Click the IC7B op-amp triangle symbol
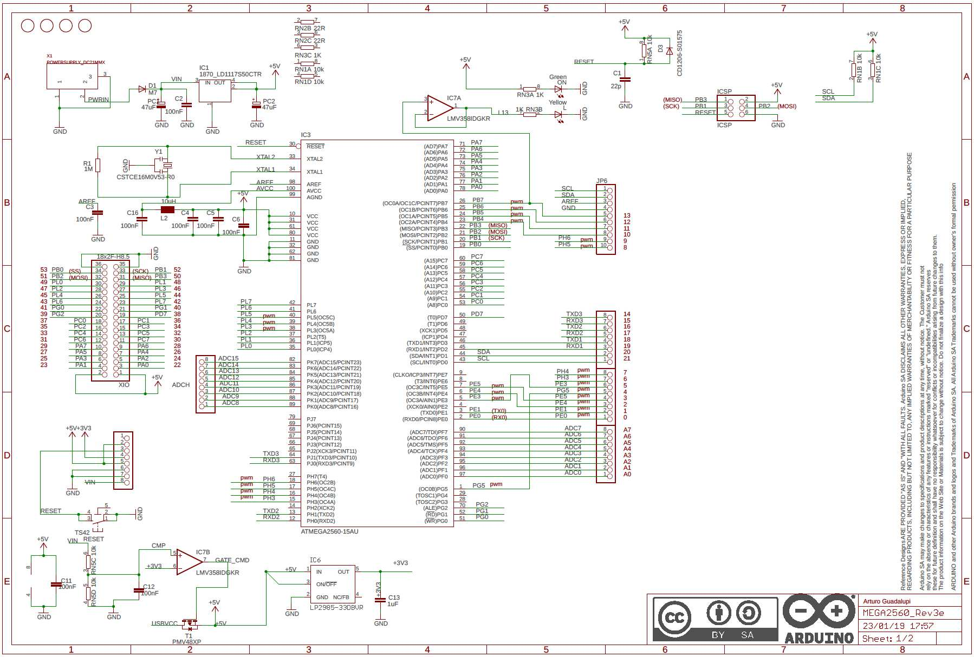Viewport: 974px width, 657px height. pyautogui.click(x=188, y=562)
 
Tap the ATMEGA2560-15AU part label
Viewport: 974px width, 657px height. pyautogui.click(x=329, y=531)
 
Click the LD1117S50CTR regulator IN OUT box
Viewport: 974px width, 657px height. pyautogui.click(x=215, y=90)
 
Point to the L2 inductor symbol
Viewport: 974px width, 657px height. pyautogui.click(x=167, y=209)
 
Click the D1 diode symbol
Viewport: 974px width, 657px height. pyautogui.click(x=142, y=89)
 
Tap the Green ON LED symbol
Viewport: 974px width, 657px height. pyautogui.click(x=558, y=88)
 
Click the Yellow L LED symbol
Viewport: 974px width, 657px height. pyautogui.click(x=558, y=114)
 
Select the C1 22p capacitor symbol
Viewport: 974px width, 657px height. pyautogui.click(x=625, y=79)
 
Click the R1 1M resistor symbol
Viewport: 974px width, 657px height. pyautogui.click(x=98, y=165)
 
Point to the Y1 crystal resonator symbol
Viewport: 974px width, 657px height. pyautogui.click(x=163, y=165)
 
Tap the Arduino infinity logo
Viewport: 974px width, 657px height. pyautogui.click(x=819, y=612)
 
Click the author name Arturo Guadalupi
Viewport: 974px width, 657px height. pyautogui.click(x=887, y=601)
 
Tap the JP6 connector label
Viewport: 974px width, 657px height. pyautogui.click(x=601, y=181)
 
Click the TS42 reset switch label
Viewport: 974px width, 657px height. pyautogui.click(x=82, y=533)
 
